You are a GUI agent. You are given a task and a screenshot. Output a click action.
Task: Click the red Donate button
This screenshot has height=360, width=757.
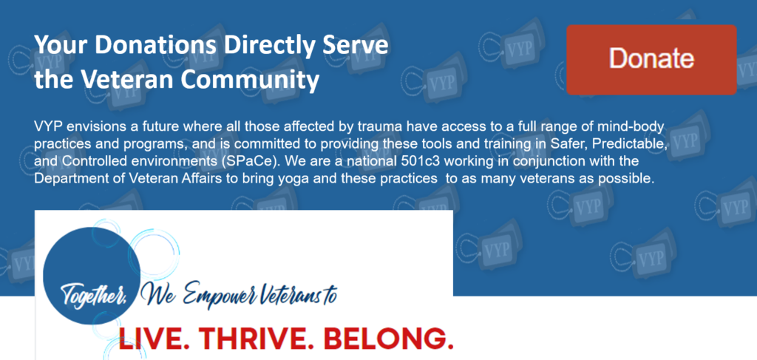(651, 59)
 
